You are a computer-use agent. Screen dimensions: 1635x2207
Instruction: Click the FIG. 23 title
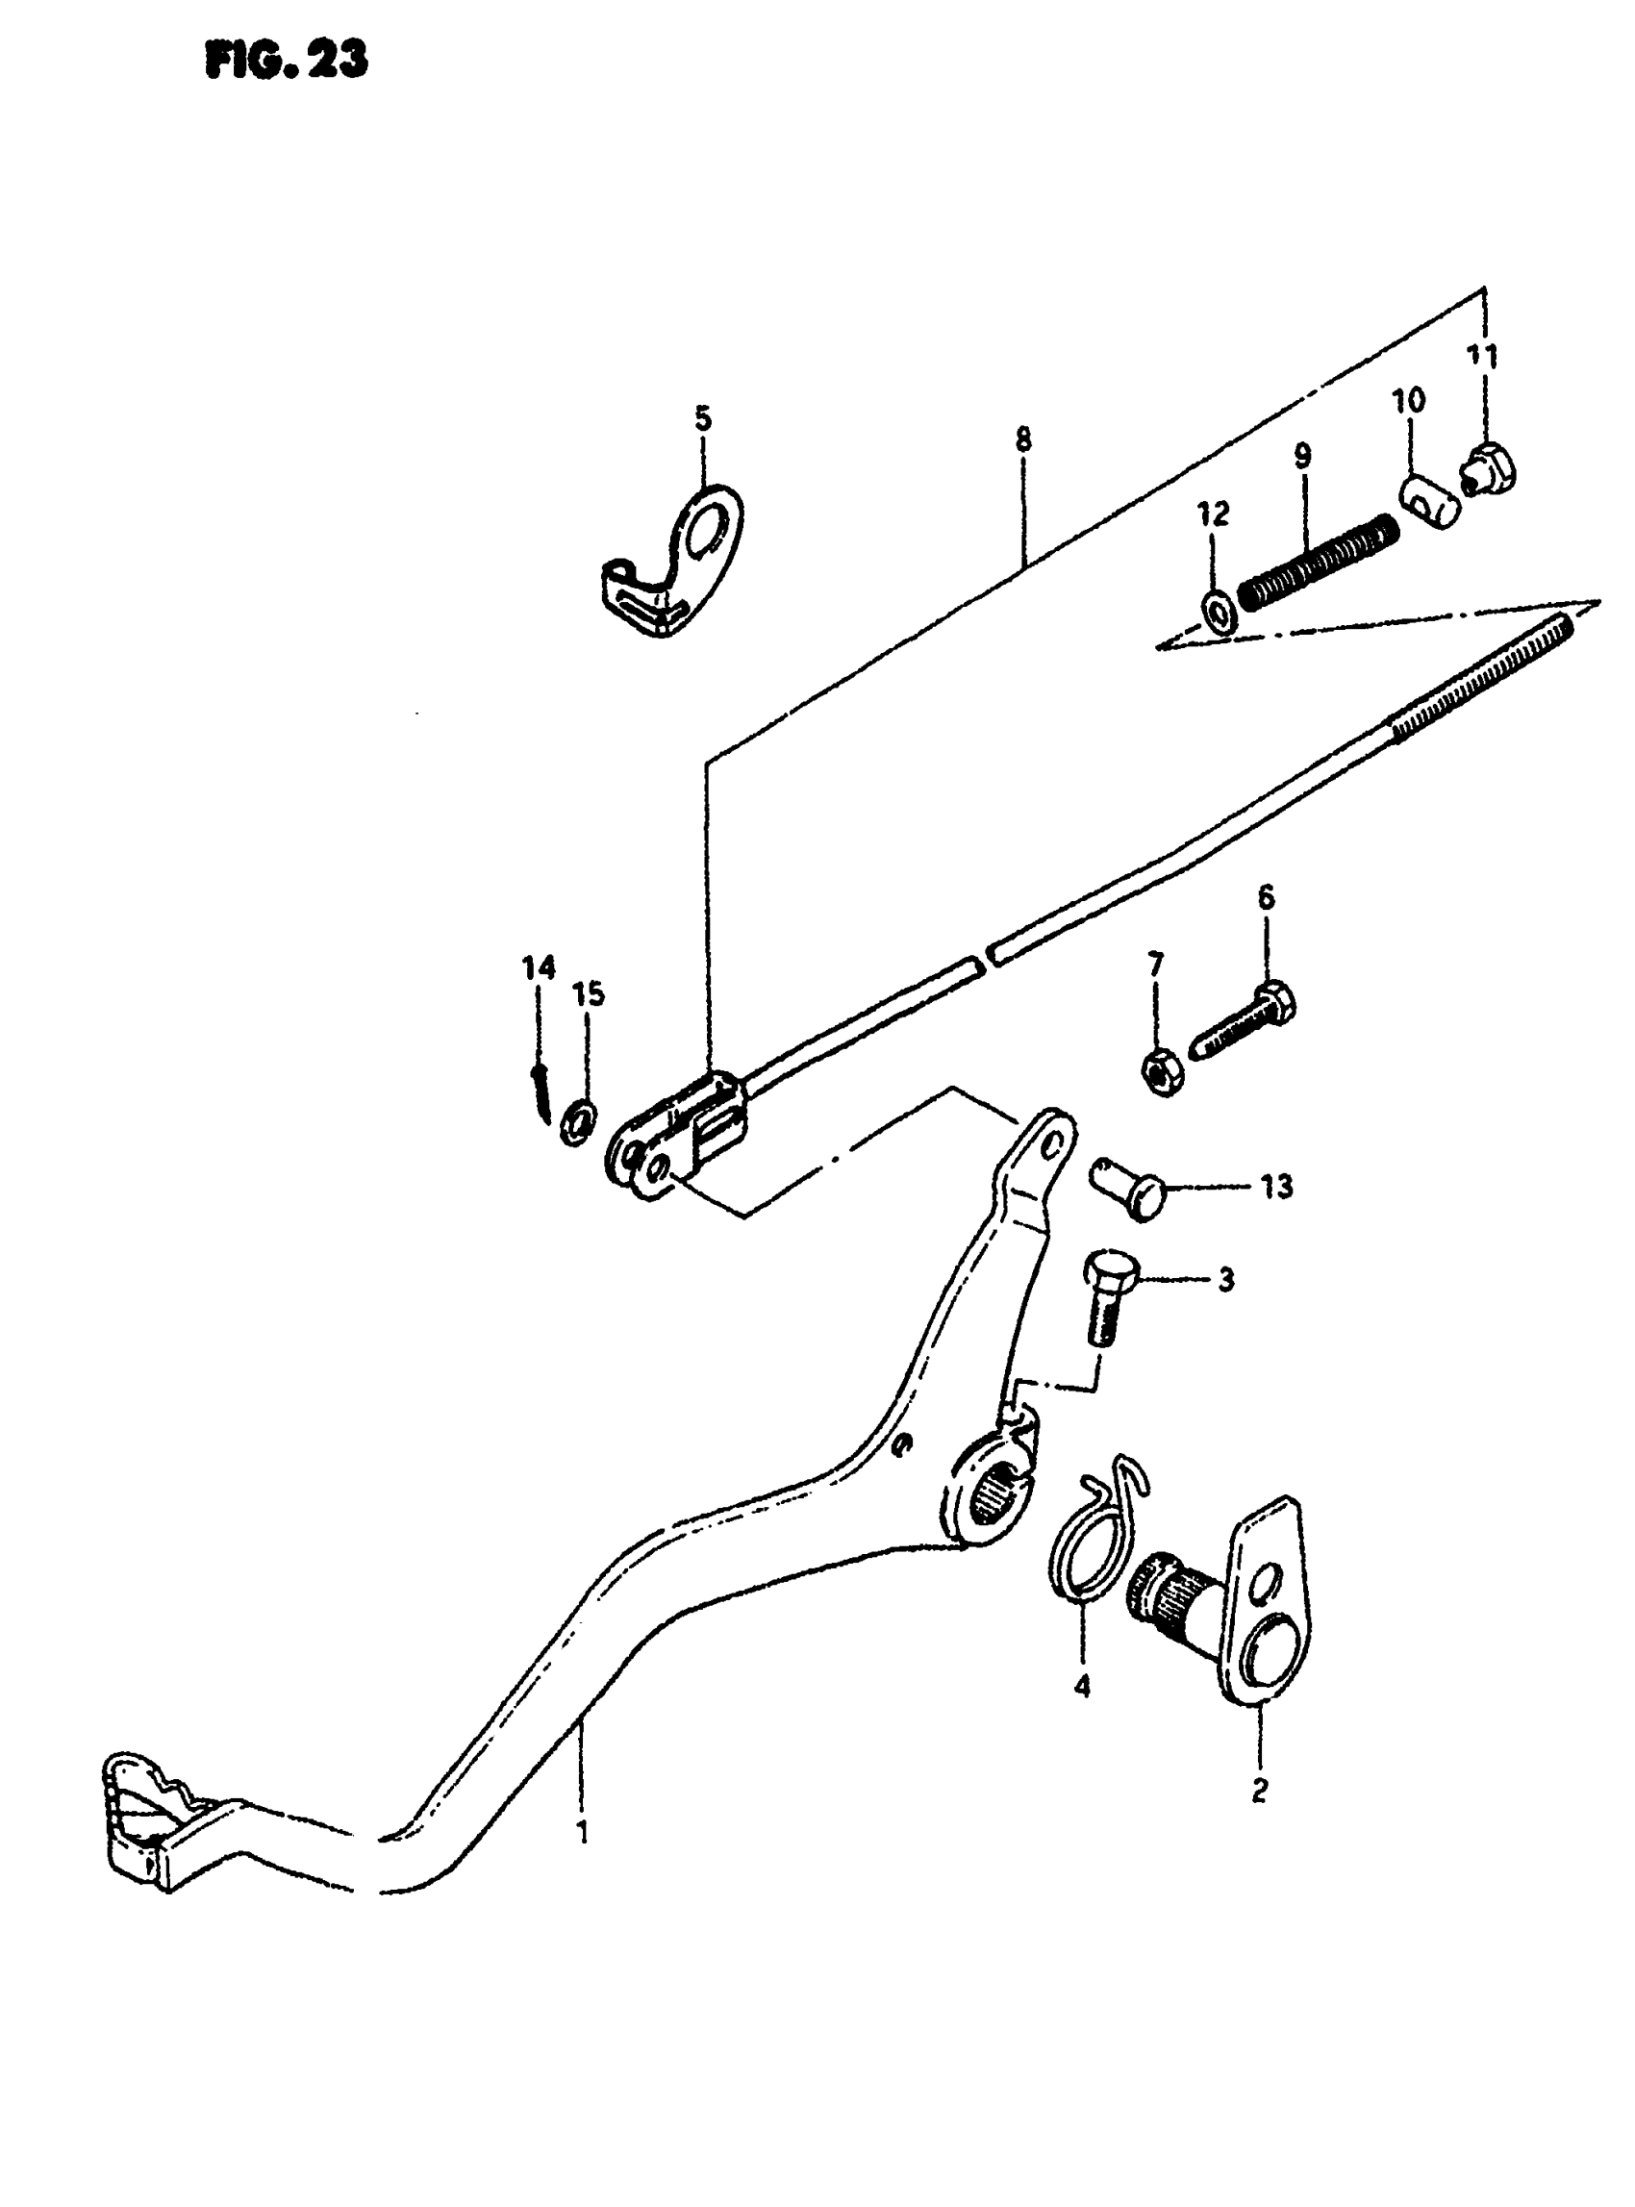(286, 62)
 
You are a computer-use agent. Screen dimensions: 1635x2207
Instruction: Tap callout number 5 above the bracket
(702, 418)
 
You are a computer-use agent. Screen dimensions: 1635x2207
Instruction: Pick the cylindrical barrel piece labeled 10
(1429, 502)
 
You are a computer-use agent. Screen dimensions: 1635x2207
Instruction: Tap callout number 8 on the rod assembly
(1022, 439)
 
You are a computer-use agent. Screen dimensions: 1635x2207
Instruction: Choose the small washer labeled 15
(578, 1120)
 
